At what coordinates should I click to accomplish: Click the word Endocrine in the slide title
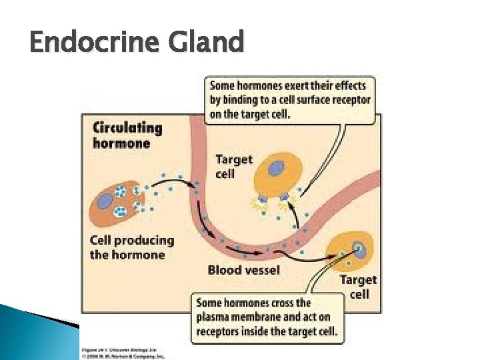pyautogui.click(x=88, y=43)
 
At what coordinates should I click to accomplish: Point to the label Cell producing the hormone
pyautogui.click(x=131, y=247)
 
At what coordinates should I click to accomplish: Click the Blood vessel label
pyautogui.click(x=243, y=271)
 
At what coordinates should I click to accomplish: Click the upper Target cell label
pyautogui.click(x=234, y=166)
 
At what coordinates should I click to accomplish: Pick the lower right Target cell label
pyautogui.click(x=359, y=287)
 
